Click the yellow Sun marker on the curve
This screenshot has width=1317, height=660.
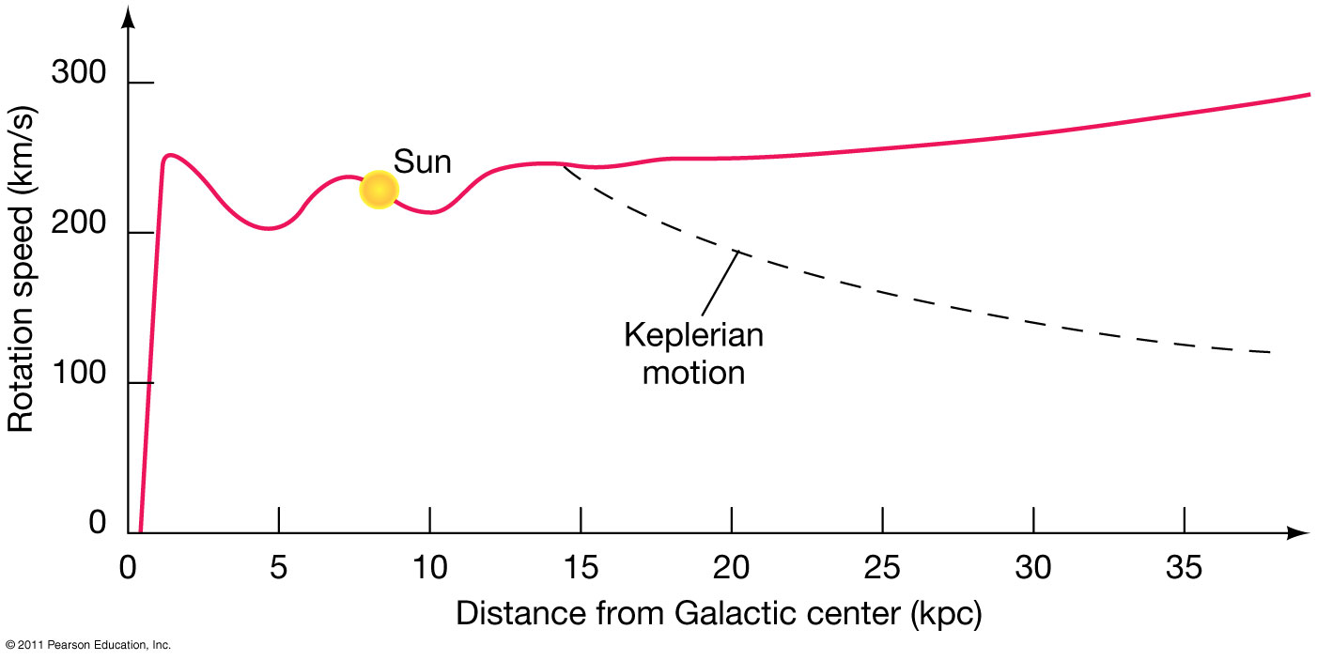click(378, 190)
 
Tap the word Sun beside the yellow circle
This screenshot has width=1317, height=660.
click(422, 161)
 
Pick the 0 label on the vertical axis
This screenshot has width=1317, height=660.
click(98, 523)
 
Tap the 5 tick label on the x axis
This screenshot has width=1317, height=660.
click(279, 569)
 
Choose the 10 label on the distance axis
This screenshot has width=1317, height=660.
click(429, 569)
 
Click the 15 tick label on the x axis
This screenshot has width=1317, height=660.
click(581, 569)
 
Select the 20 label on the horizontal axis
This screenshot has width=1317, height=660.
click(732, 569)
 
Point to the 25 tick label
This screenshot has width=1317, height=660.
click(883, 569)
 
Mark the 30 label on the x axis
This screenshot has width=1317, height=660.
click(1033, 569)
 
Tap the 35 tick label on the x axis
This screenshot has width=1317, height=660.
click(1185, 569)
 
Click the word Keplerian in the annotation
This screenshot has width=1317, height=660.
click(693, 335)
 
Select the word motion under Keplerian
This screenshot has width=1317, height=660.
click(693, 372)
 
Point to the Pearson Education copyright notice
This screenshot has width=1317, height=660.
click(87, 646)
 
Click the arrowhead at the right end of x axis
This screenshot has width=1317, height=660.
click(1299, 533)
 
